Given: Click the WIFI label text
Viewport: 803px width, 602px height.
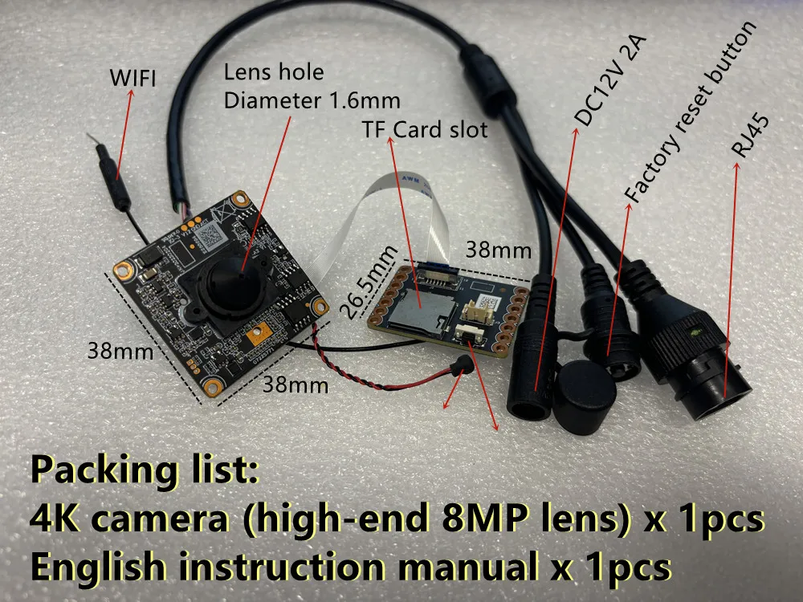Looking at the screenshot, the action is (132, 78).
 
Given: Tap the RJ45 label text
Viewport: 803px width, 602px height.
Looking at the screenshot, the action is (749, 136).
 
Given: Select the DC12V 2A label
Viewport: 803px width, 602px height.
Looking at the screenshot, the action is (610, 81).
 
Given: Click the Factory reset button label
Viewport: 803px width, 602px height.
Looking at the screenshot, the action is (690, 112).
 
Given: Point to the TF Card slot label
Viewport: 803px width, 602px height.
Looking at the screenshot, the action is (425, 129).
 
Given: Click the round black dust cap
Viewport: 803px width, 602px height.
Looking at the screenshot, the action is (584, 396).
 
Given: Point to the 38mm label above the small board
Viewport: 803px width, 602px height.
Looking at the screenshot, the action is (498, 250).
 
